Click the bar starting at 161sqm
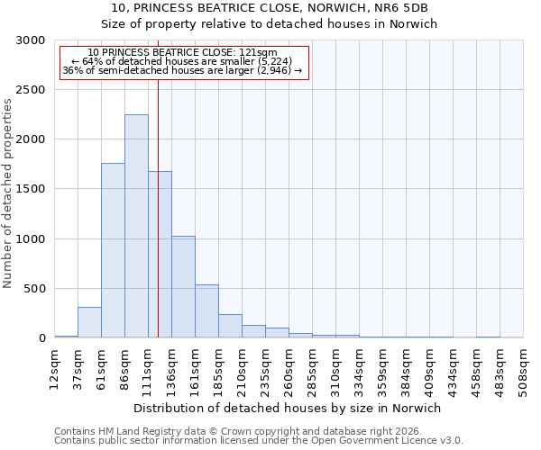click(x=206, y=311)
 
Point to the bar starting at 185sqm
click(x=230, y=326)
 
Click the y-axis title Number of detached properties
click(x=8, y=193)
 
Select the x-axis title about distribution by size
click(x=288, y=408)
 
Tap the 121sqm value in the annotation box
click(x=261, y=53)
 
